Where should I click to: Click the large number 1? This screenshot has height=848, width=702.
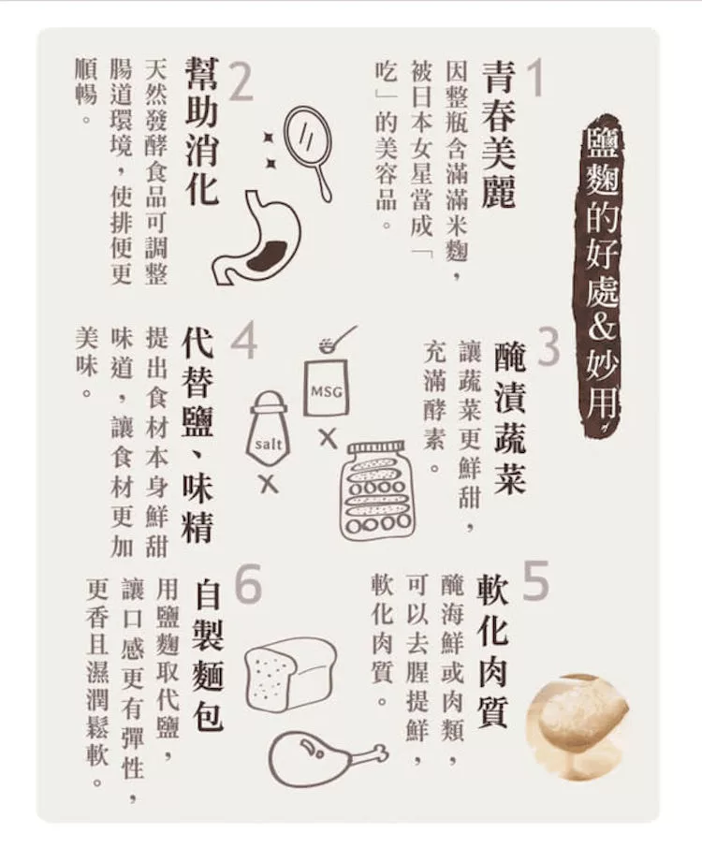coord(535,79)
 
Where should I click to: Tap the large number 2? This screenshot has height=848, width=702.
coord(241,81)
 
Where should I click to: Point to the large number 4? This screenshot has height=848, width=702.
coord(243,341)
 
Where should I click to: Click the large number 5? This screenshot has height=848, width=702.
coord(536,580)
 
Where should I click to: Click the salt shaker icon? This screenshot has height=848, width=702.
coord(269,429)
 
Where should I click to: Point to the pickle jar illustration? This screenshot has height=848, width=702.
coord(377,490)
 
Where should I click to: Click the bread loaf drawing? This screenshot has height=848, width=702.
coord(290,673)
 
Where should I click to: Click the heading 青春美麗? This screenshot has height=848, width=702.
coord(498,135)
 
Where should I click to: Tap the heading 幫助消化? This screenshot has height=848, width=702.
coord(201,132)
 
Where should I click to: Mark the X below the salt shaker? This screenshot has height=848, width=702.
coord(268,484)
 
